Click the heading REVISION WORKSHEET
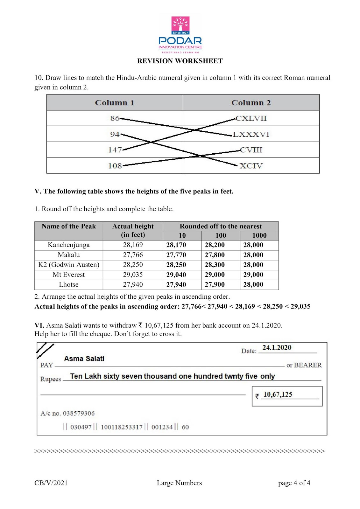tap(180, 61)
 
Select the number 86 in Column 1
tap(115, 118)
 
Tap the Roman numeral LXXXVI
tap(251, 134)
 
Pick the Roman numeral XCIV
tap(251, 166)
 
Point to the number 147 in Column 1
tap(115, 150)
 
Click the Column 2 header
tap(251, 103)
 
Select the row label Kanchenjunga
tap(69, 245)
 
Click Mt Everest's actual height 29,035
tap(133, 275)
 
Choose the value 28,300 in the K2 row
tap(215, 265)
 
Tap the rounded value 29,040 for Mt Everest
tap(176, 275)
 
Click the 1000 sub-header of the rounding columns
tap(259, 235)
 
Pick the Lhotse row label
tap(69, 285)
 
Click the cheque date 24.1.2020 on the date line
tap(277, 347)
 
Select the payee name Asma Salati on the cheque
tap(84, 359)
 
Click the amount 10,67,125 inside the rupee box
tap(278, 394)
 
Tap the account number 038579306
tap(79, 413)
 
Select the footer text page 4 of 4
tap(294, 483)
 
